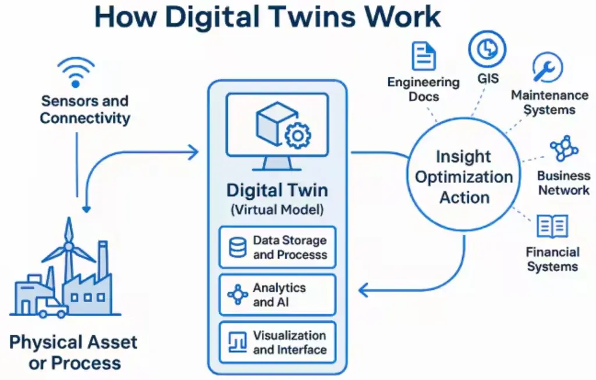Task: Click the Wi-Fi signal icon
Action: point(76,72)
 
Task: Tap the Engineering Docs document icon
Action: point(424,56)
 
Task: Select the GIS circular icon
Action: point(487,49)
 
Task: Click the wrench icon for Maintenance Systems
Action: point(547,67)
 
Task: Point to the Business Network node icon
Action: point(564,148)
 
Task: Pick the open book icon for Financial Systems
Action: point(552,226)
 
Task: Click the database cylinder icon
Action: point(237,247)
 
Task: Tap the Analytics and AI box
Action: point(278,295)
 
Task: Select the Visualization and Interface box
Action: point(278,342)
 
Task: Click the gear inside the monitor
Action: point(297,135)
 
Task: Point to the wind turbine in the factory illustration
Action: point(69,249)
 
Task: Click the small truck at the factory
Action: point(52,307)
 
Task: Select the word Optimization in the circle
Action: point(464,177)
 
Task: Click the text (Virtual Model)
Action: point(277,210)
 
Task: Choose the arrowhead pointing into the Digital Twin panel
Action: point(193,152)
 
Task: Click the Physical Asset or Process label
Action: point(73,353)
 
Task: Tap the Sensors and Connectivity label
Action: point(85,109)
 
